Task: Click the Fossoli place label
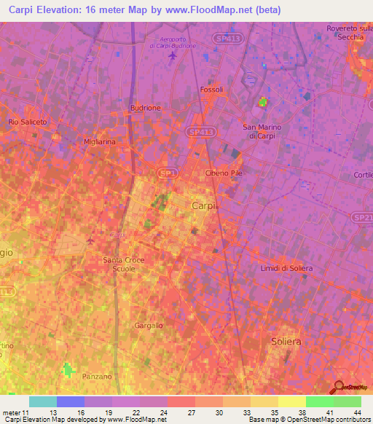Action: pos(211,90)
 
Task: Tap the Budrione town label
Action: pos(145,107)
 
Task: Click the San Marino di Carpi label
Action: pos(262,131)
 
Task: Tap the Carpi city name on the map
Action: pos(204,206)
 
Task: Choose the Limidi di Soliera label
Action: pos(286,268)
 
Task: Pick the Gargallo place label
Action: pos(149,326)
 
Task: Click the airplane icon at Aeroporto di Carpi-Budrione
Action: pos(172,56)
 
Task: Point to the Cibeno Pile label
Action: pos(224,173)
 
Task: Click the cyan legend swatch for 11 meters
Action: pos(43,401)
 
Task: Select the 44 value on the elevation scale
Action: pos(356,412)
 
